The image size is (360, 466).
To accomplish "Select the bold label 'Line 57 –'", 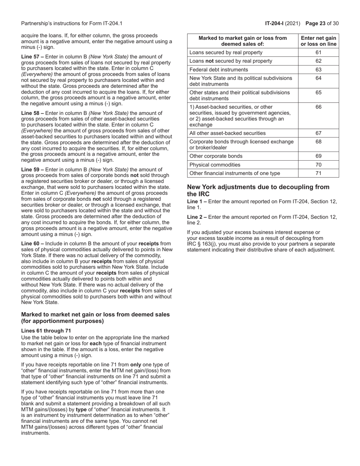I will pyautogui.click(x=33, y=56).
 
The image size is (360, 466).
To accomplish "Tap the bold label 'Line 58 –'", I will pyautogui.click(x=33, y=113).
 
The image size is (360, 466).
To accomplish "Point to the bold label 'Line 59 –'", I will pyautogui.click(x=33, y=169).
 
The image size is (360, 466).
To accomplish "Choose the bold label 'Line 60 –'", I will pyautogui.click(x=33, y=244).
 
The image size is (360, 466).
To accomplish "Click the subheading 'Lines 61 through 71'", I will pyautogui.click(x=46, y=330).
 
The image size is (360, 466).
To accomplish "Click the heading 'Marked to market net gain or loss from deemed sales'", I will pyautogui.click(x=95, y=314).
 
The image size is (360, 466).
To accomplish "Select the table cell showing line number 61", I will pyautogui.click(x=318, y=52).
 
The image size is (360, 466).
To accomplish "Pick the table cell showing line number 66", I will pyautogui.click(x=318, y=107).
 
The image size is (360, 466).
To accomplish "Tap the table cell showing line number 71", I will pyautogui.click(x=318, y=173).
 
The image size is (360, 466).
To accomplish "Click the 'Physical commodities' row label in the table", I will pyautogui.click(x=214, y=164).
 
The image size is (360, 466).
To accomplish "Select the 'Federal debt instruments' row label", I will pyautogui.click(x=218, y=70).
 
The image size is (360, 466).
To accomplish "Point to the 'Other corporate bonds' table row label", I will pyautogui.click(x=216, y=156).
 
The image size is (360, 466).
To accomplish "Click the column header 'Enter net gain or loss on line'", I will pyautogui.click(x=318, y=41).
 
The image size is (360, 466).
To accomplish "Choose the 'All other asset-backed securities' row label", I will pyautogui.click(x=227, y=133).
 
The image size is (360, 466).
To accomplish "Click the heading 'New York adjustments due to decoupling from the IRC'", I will pyautogui.click(x=258, y=190).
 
